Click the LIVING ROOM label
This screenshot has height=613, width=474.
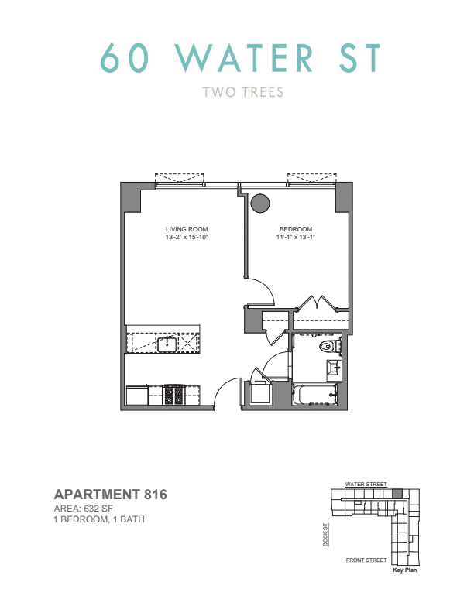click(x=187, y=229)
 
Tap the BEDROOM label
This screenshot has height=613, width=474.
click(x=296, y=229)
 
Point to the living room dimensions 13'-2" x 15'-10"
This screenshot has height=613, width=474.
click(x=186, y=237)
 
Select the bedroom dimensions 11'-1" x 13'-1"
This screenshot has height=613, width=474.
click(x=296, y=237)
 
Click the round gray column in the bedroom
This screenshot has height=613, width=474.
click(x=260, y=204)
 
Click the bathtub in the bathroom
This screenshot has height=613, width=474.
click(x=314, y=395)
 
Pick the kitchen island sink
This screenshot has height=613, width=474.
click(x=167, y=344)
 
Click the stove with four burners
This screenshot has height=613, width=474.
click(x=173, y=395)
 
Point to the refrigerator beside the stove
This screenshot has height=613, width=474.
click(x=137, y=396)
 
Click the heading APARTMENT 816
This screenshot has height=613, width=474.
click(x=111, y=495)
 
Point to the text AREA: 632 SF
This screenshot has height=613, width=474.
click(x=84, y=509)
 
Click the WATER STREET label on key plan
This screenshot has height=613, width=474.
click(x=366, y=484)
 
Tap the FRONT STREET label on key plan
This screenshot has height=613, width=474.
click(x=366, y=560)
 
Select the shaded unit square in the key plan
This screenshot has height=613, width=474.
click(x=397, y=493)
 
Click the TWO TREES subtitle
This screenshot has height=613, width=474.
click(x=243, y=92)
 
